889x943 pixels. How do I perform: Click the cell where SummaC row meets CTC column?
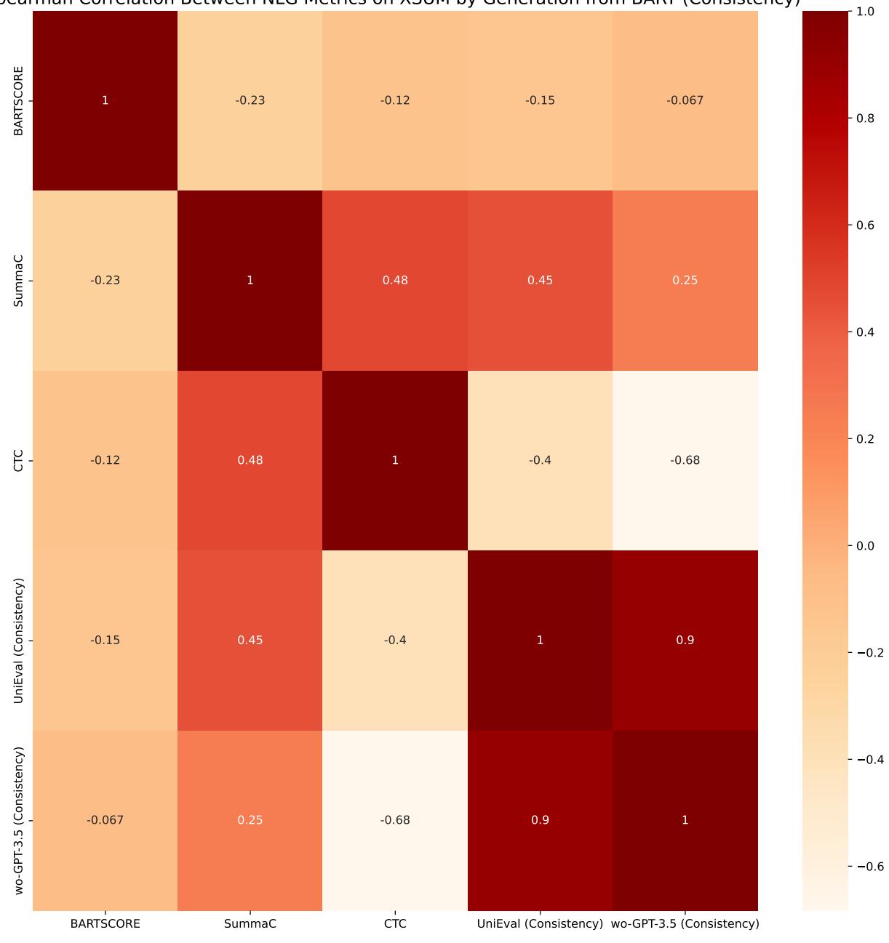coord(395,280)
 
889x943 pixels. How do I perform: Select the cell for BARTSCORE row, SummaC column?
coord(250,100)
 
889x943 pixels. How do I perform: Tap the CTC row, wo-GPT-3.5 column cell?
coord(685,460)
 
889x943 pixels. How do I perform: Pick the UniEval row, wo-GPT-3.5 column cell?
coord(685,640)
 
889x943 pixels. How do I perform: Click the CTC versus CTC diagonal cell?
coord(395,460)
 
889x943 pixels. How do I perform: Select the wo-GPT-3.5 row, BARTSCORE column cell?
coord(105,820)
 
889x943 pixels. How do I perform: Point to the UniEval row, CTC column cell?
coord(395,640)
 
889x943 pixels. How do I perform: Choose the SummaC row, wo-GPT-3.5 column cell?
coord(685,280)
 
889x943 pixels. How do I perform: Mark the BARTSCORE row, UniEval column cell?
coord(540,100)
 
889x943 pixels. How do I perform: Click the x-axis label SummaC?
coord(250,924)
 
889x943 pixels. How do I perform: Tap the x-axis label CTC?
coord(395,924)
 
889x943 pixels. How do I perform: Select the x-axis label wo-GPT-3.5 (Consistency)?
coord(685,924)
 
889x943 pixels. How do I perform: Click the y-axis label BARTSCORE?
coord(19,100)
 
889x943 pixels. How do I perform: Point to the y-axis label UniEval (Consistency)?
coord(19,640)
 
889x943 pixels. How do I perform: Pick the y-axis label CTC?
coord(19,460)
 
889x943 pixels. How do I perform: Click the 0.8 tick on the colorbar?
coord(864,119)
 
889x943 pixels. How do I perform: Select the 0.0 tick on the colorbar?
coord(864,546)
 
